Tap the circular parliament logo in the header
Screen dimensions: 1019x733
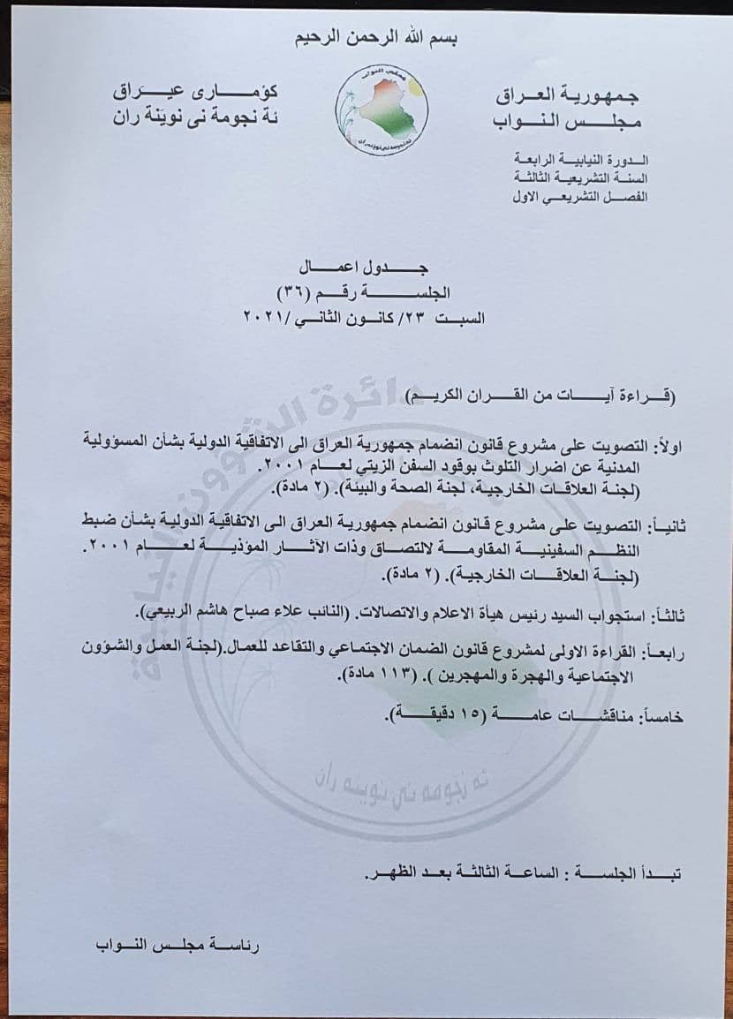[384, 110]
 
